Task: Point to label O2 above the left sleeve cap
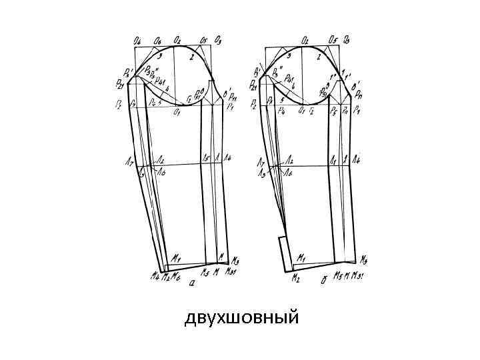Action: [x=178, y=40]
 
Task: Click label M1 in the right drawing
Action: [x=301, y=257]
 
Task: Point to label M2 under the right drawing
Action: [x=295, y=279]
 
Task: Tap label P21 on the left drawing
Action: [x=121, y=85]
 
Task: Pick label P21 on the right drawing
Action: [x=254, y=85]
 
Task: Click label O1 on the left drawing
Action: [x=177, y=113]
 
